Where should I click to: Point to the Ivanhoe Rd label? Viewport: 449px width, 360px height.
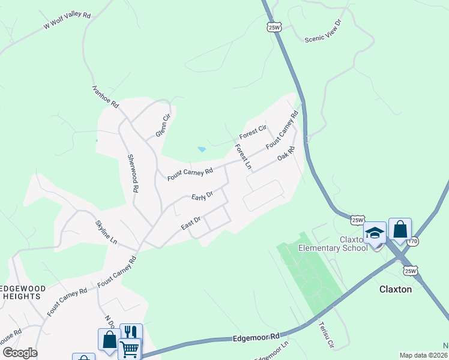click(106, 96)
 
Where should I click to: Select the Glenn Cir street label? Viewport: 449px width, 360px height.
click(160, 125)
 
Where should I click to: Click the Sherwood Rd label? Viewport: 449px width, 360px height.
click(133, 173)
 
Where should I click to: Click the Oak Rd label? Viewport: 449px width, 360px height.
click(286, 154)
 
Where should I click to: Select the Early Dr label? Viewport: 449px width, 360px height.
click(202, 196)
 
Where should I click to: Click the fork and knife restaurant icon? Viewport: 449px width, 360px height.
click(131, 333)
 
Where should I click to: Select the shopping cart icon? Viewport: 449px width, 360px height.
click(130, 349)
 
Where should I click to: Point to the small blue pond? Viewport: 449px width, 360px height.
click(202, 149)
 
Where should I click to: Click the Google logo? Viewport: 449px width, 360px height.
click(20, 352)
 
